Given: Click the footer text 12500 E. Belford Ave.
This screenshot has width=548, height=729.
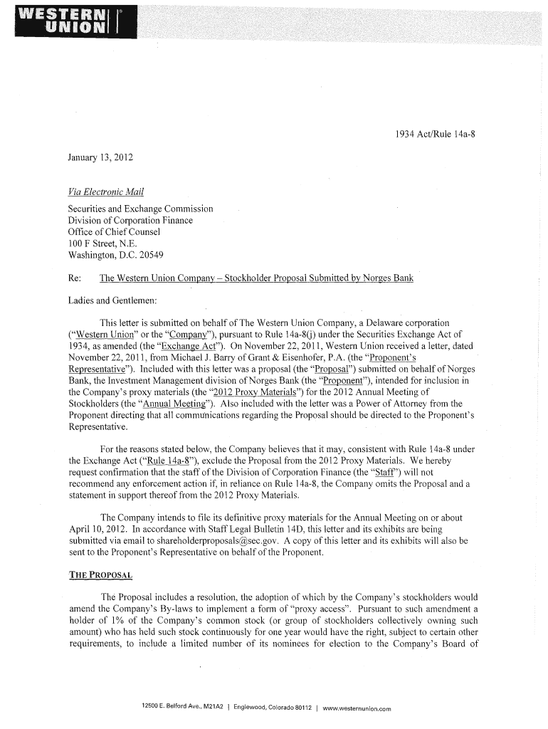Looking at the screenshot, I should click(172, 706).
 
